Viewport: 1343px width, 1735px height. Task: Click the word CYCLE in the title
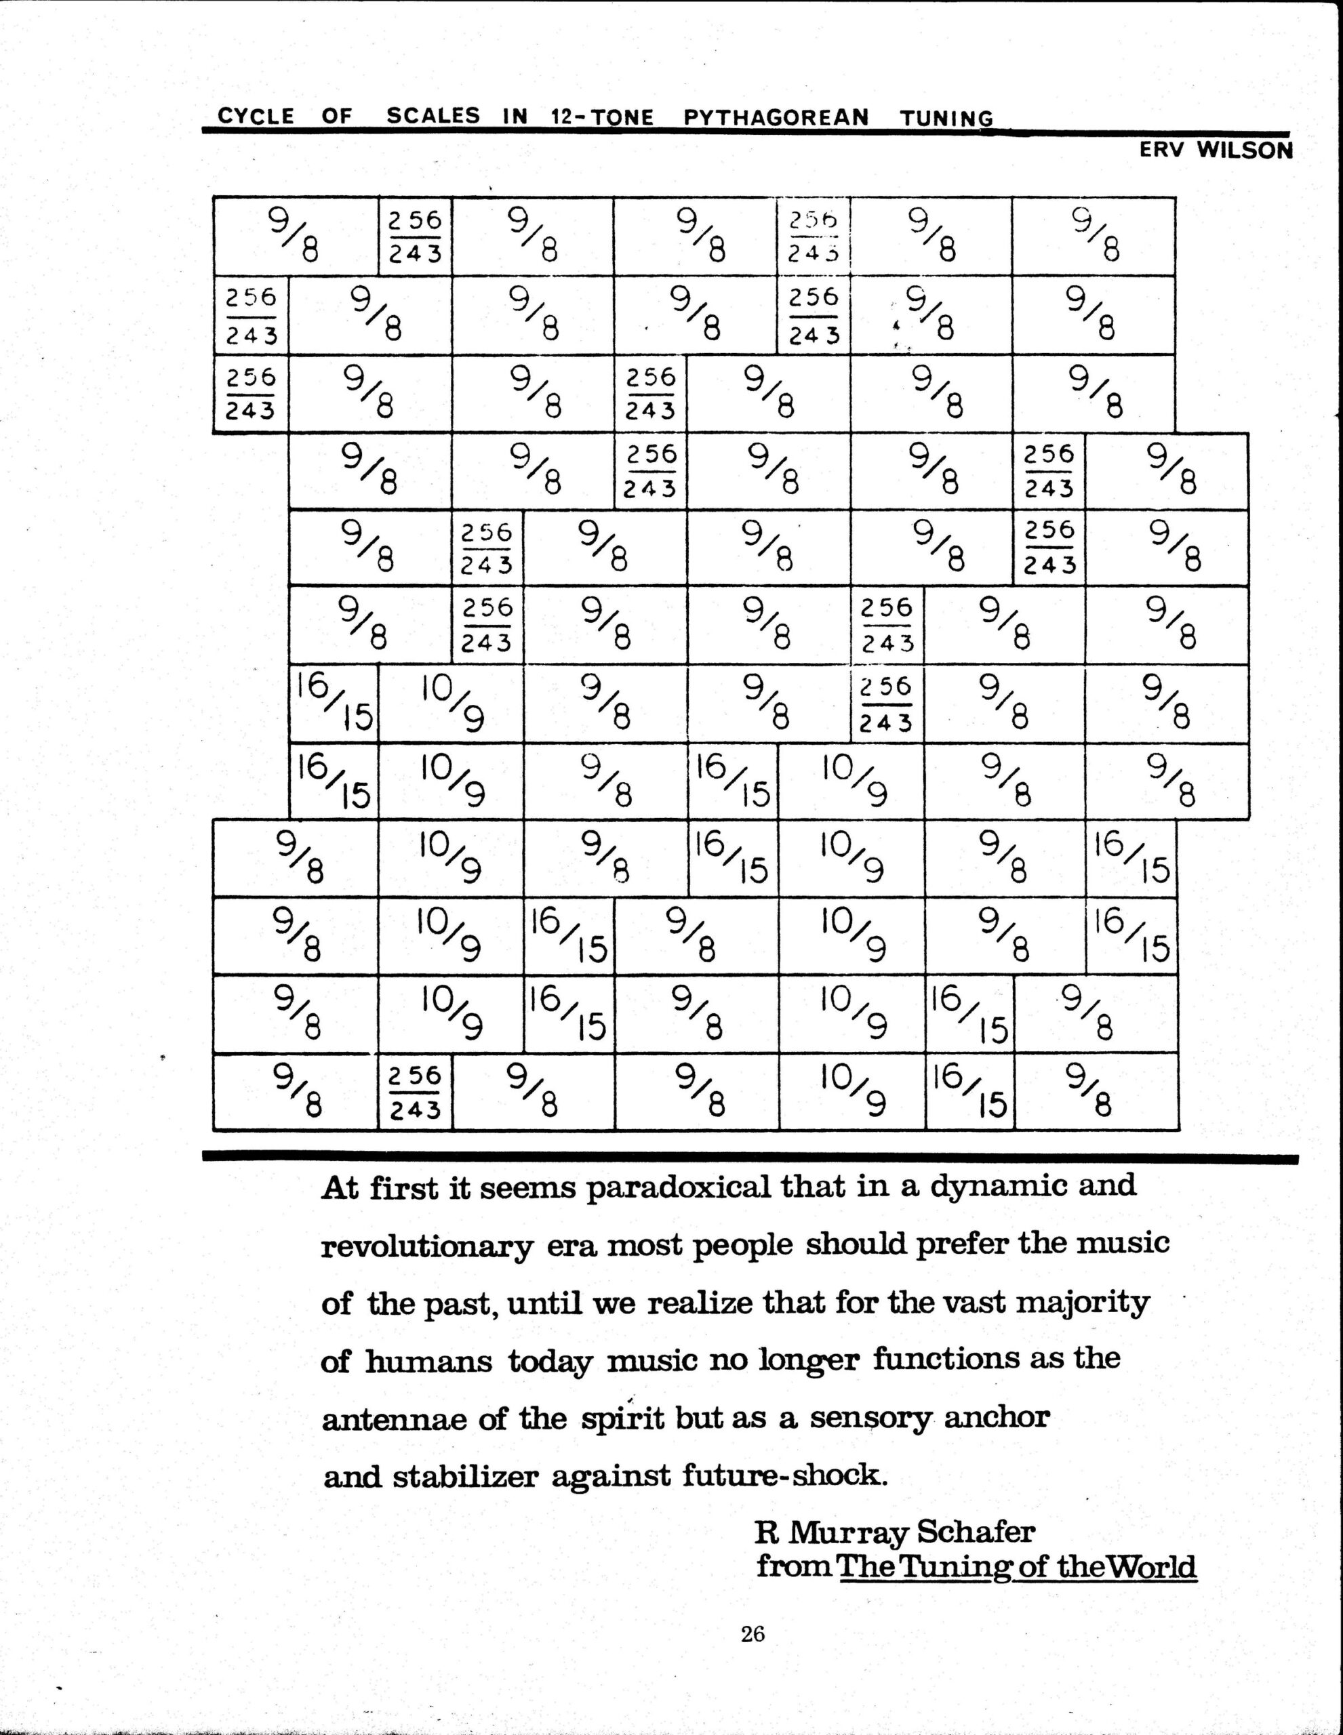point(255,116)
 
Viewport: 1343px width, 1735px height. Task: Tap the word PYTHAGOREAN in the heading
point(776,117)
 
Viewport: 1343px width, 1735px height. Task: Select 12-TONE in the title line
point(601,117)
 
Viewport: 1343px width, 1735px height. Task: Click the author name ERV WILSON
point(1216,150)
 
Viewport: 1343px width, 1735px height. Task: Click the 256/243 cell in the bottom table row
point(415,1093)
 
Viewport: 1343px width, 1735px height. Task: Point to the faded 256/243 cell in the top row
point(814,237)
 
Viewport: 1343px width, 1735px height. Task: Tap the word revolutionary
point(426,1246)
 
